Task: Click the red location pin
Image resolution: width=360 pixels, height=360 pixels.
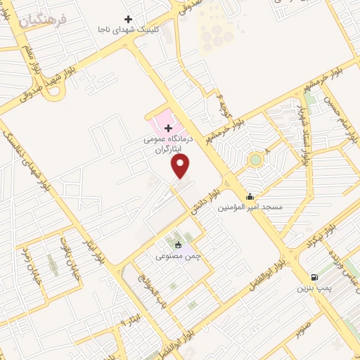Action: tap(181, 166)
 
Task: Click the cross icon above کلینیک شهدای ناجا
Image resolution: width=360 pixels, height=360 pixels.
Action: tap(128, 19)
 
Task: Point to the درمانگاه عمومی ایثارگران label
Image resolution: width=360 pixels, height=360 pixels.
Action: tap(167, 144)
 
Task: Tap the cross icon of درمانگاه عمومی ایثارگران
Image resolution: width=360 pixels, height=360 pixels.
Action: tap(168, 128)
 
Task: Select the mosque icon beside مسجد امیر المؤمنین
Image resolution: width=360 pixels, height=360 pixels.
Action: tap(250, 196)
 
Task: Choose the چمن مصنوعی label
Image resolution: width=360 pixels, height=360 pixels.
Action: tap(178, 256)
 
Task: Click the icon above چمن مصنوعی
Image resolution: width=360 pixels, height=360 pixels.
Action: tap(178, 245)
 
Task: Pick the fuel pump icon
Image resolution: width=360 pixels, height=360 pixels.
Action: tap(313, 276)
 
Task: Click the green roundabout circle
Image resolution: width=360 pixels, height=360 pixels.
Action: tap(255, 160)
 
